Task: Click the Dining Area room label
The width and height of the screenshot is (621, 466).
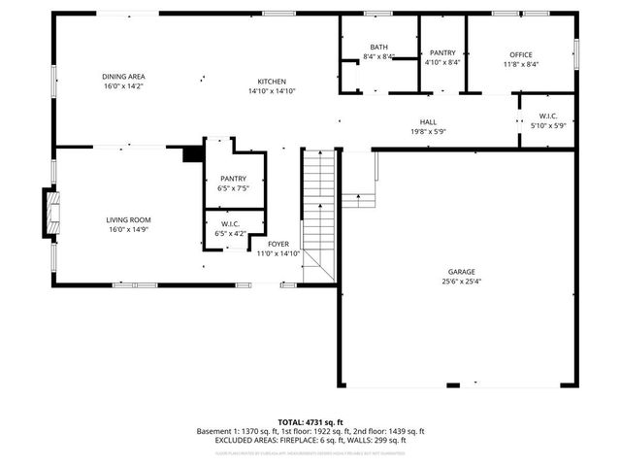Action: pos(123,77)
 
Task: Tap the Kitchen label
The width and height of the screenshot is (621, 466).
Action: pos(271,82)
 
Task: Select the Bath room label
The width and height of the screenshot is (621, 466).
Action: pos(378,48)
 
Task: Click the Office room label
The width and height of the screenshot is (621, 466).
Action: pos(521,54)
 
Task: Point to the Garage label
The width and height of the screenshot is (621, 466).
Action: pos(461,273)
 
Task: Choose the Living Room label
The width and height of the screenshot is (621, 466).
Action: pos(129,220)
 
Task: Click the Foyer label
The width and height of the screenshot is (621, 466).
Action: pos(278,244)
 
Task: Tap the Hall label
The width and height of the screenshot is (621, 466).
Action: pos(428,122)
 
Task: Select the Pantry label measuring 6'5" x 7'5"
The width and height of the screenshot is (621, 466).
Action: pos(233,179)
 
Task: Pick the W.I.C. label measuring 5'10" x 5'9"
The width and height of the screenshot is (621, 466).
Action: pos(547,116)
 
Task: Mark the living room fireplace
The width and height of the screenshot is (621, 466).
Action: pos(48,214)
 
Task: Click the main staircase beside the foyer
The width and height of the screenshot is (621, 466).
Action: pos(318,216)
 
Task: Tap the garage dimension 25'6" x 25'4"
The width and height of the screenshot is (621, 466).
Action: pos(461,282)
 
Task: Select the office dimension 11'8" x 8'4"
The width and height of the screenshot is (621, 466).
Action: pos(521,64)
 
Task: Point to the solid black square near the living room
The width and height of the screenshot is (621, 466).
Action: pos(192,153)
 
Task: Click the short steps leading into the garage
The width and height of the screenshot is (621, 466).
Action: pos(359,200)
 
